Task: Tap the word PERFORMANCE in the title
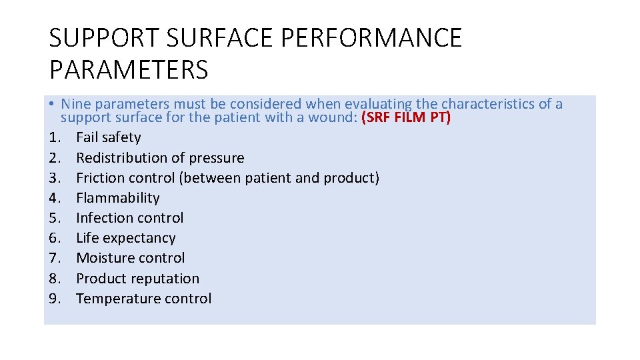tap(371, 39)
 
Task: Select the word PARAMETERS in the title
tap(129, 69)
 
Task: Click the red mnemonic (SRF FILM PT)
tap(405, 118)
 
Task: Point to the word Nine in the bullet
tap(76, 104)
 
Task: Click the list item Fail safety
tap(109, 137)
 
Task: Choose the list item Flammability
tap(118, 198)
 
